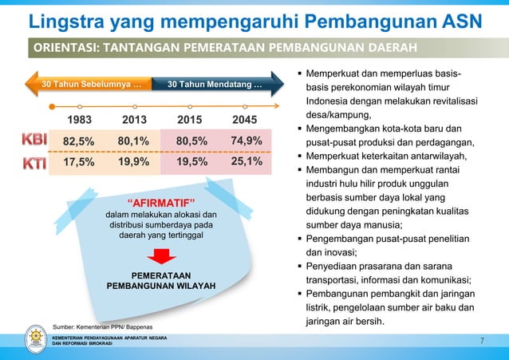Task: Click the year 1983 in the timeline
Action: click(78, 121)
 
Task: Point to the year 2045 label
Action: click(245, 121)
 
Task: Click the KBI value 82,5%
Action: click(78, 142)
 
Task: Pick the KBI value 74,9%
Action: click(246, 141)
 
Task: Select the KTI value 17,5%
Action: click(78, 162)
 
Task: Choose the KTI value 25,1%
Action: click(246, 161)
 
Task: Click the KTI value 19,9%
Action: click(134, 162)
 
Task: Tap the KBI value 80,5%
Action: click(191, 142)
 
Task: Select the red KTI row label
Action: click(34, 163)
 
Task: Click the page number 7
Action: click(482, 342)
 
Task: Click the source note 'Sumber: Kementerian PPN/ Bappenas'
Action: click(102, 326)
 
